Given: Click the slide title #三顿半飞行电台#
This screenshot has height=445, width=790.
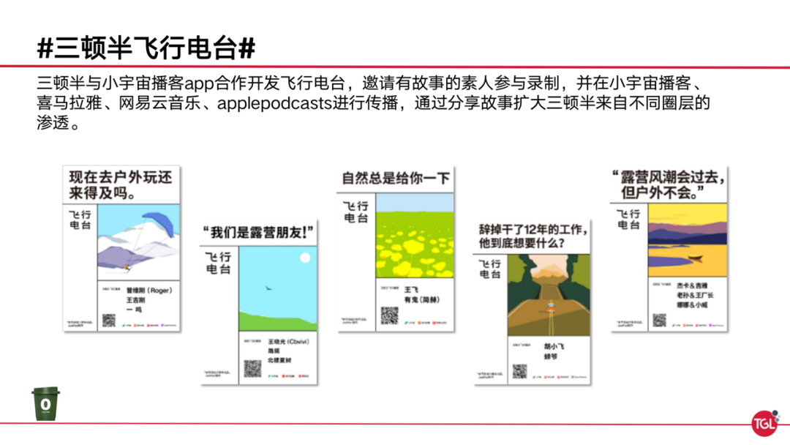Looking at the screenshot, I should [x=147, y=48].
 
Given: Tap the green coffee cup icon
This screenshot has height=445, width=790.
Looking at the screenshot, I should [x=45, y=403].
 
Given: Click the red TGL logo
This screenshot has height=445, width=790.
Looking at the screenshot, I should [x=764, y=423].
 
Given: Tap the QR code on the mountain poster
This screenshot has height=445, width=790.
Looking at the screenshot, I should [x=109, y=319].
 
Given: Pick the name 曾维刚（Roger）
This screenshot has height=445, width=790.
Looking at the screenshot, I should [x=148, y=291].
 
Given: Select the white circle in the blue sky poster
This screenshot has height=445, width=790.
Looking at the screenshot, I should [x=304, y=258].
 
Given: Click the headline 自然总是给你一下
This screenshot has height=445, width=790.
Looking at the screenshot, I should [x=396, y=179].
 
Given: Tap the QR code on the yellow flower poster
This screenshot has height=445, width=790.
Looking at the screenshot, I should [x=389, y=315].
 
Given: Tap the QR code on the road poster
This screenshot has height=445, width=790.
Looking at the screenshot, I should [x=519, y=371].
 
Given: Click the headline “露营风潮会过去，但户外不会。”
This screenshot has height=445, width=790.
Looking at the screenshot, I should [x=670, y=185].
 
